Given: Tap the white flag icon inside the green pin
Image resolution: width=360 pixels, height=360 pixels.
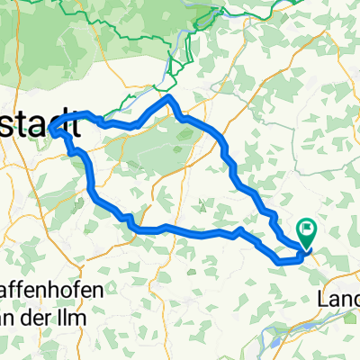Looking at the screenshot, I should [307, 231].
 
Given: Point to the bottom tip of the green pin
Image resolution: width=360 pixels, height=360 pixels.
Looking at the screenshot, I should [307, 247].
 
